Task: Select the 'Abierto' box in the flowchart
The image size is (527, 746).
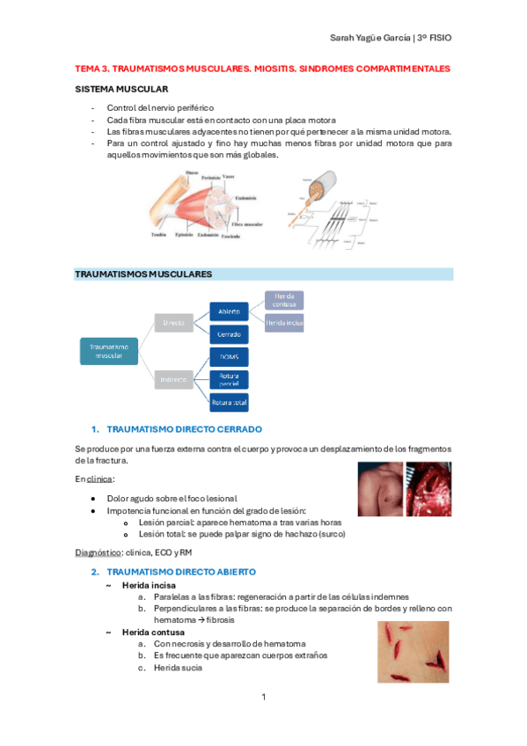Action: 228,312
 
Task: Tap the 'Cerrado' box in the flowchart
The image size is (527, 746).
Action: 228,335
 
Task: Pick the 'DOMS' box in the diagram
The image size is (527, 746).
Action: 228,358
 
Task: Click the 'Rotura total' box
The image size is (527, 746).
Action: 228,402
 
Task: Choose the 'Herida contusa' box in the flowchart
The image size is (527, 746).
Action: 284,300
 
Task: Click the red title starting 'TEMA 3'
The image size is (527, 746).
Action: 262,68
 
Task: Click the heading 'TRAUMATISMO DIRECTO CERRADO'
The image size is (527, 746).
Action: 183,429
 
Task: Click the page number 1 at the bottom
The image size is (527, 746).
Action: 263,698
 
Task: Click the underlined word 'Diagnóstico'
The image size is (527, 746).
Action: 98,552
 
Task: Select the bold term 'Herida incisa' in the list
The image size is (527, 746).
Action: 148,585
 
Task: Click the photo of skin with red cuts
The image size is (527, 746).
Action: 413,652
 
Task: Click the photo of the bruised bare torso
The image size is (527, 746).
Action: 380,490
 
